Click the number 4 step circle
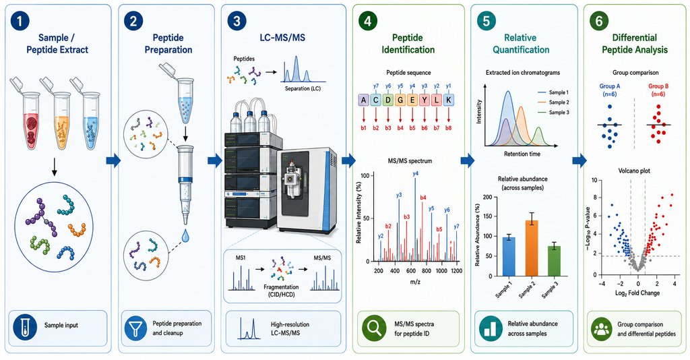point(367,22)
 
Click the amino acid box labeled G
point(400,100)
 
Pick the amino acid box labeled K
point(448,100)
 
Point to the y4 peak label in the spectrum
point(415,174)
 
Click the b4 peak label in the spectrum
point(423,198)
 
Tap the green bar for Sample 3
point(554,261)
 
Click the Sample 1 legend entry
point(553,92)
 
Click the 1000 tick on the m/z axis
point(441,271)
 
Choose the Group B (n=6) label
point(658,90)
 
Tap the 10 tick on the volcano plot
point(594,180)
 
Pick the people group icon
point(602,329)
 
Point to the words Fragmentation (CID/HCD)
point(281,291)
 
